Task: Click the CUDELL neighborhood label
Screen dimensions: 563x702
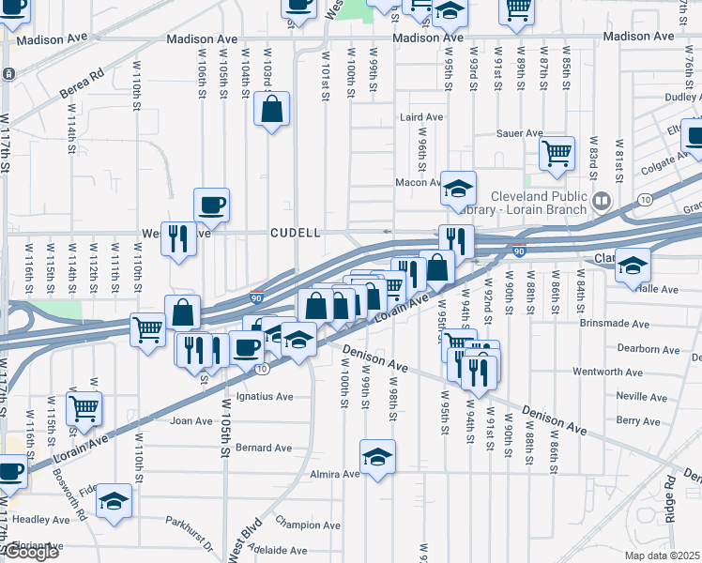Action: (297, 232)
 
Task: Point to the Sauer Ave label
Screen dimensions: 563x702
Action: (522, 133)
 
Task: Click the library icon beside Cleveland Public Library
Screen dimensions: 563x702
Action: (601, 200)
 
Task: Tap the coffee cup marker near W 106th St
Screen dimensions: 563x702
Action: (211, 205)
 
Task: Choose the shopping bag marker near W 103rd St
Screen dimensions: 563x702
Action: (272, 109)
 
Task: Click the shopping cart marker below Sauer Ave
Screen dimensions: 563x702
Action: (557, 153)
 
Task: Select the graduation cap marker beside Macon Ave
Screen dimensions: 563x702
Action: (459, 189)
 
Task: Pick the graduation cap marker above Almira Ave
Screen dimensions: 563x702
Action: (377, 456)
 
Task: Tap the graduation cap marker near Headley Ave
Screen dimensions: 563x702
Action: (114, 500)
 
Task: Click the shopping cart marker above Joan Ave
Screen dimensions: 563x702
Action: (84, 410)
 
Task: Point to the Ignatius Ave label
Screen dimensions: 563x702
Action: (265, 397)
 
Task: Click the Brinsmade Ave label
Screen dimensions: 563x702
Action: (649, 323)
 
